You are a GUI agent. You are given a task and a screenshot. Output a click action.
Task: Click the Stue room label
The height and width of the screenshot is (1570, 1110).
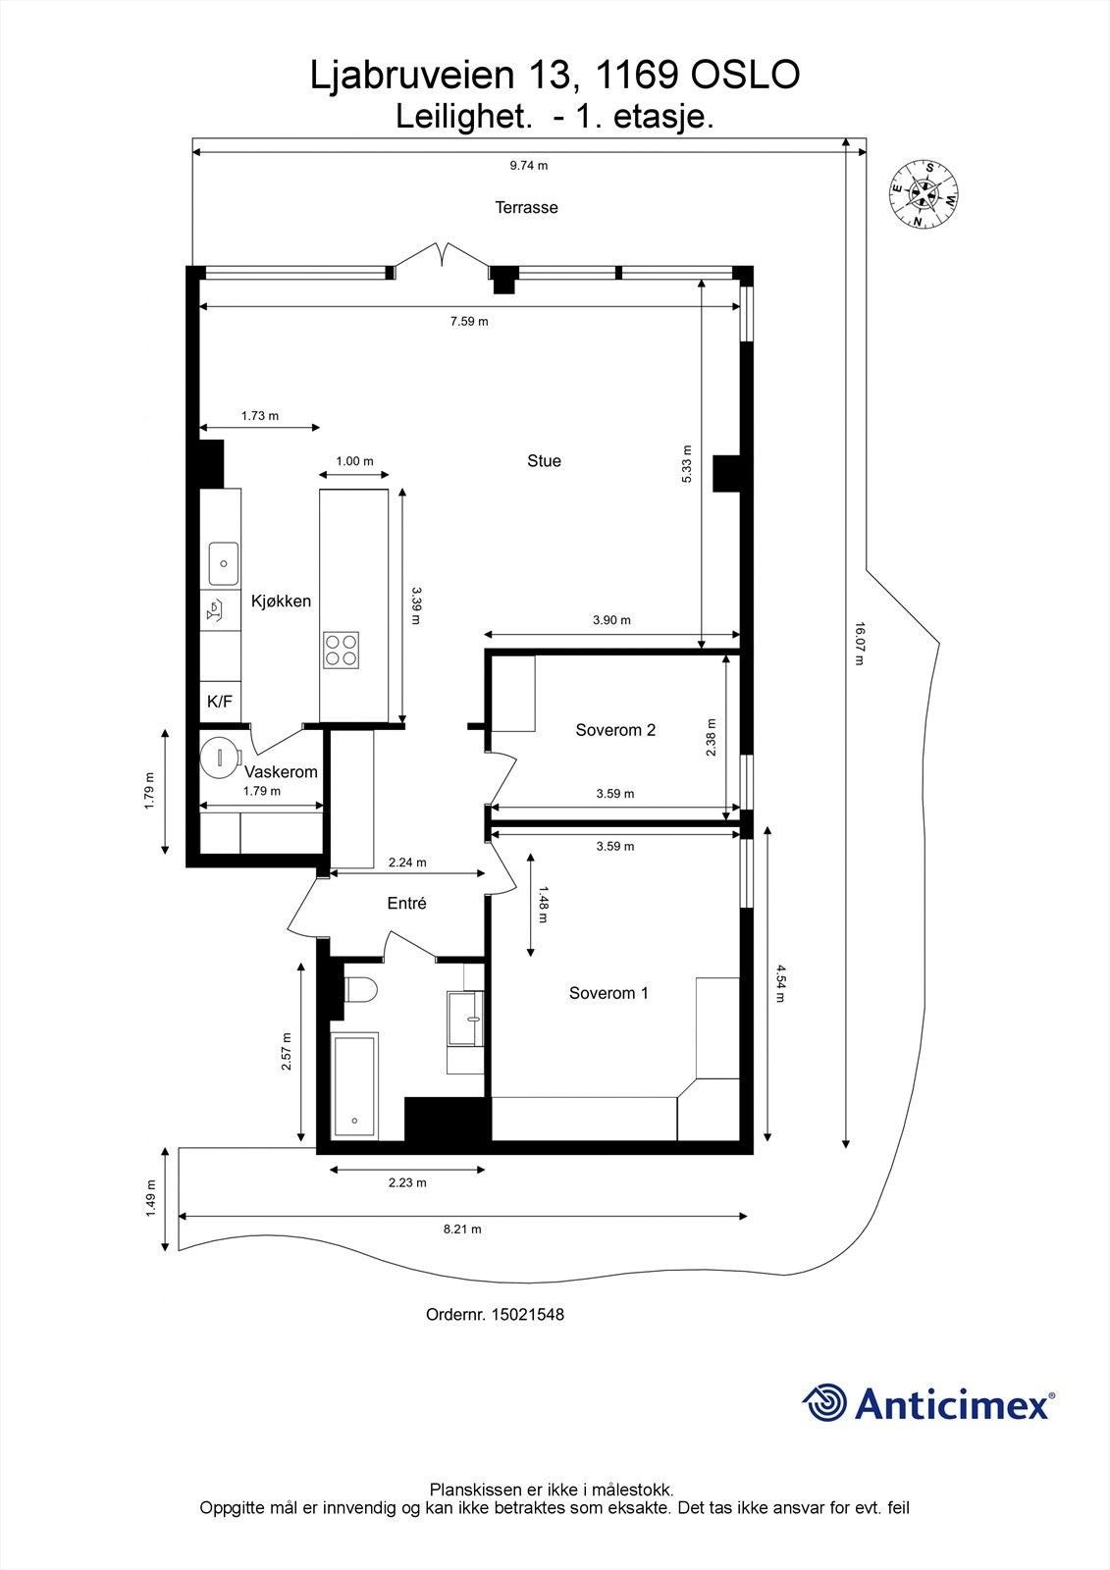click(x=544, y=460)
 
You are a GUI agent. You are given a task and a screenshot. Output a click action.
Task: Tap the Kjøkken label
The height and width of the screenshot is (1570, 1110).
click(x=282, y=601)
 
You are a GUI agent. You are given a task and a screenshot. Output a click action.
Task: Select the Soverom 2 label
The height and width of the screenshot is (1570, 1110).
click(x=615, y=730)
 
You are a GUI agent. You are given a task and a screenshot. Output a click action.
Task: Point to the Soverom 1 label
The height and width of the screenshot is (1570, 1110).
click(x=608, y=992)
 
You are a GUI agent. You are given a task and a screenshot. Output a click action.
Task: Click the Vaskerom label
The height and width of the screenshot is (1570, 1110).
click(x=282, y=771)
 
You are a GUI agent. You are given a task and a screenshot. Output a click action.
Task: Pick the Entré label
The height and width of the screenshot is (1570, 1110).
click(x=406, y=904)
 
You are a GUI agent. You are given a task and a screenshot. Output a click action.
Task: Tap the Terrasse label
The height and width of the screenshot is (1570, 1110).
click(x=527, y=207)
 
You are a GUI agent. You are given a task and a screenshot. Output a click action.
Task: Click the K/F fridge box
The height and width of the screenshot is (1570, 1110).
click(x=220, y=702)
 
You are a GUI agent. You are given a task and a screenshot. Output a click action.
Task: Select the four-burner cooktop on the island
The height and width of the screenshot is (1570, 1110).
click(x=341, y=650)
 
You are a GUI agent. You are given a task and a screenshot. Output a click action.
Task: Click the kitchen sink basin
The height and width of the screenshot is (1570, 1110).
click(x=223, y=563)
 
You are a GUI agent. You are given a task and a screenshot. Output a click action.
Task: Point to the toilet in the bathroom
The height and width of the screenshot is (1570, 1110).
click(x=360, y=990)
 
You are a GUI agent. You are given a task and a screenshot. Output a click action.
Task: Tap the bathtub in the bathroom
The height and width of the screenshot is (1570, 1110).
click(x=355, y=1085)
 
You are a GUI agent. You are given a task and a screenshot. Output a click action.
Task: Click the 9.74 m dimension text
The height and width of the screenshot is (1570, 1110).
click(x=529, y=166)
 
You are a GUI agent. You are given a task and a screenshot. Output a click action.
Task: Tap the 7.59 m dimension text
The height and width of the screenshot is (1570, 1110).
click(x=469, y=322)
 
